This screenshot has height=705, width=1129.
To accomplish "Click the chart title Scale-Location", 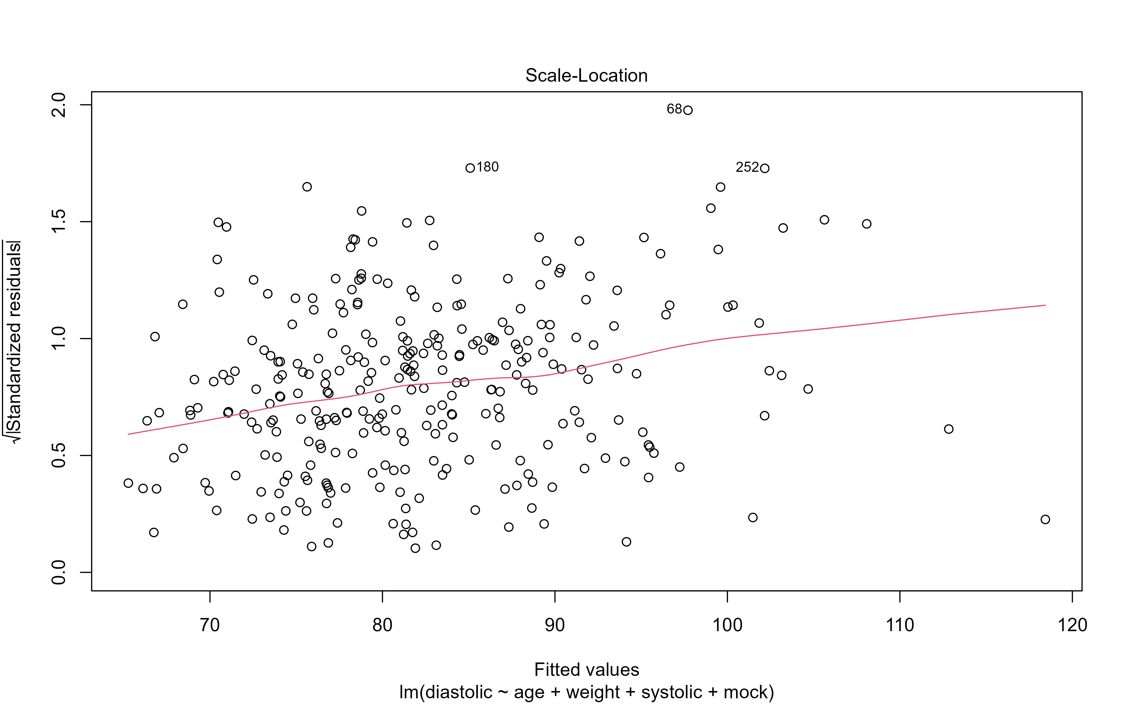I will pyautogui.click(x=586, y=76).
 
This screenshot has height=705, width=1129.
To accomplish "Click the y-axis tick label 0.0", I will pyautogui.click(x=60, y=572).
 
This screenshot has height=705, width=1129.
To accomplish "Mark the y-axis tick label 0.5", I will pyautogui.click(x=60, y=455).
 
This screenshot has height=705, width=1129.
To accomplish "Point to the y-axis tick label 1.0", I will pyautogui.click(x=60, y=339).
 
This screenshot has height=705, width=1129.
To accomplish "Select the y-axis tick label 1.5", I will pyautogui.click(x=60, y=222).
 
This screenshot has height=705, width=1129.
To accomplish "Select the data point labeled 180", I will pyautogui.click(x=470, y=168).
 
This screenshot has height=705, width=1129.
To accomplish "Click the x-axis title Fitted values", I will pyautogui.click(x=586, y=669).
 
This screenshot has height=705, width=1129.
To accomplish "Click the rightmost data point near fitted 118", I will pyautogui.click(x=1045, y=520).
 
